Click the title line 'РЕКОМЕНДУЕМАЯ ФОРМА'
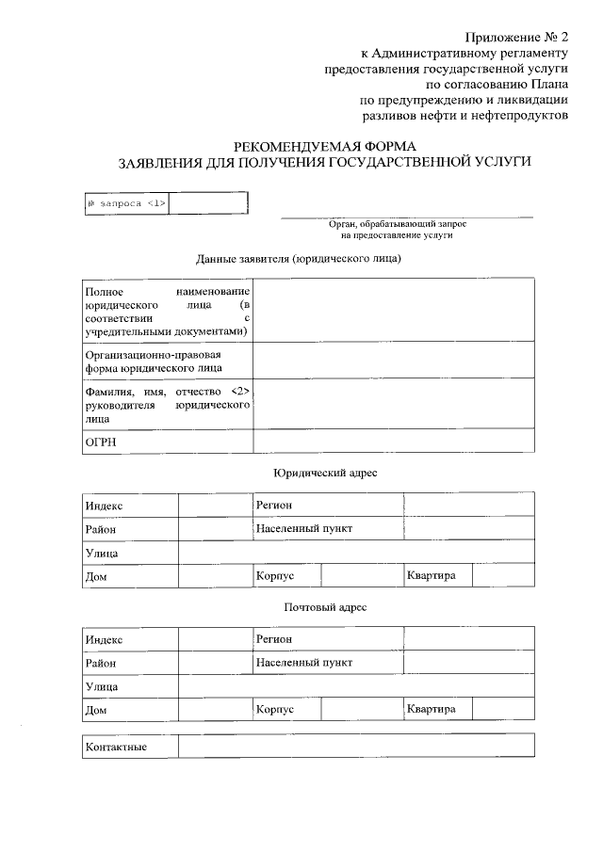pyautogui.click(x=325, y=145)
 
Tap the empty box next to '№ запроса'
pyautogui.click(x=208, y=203)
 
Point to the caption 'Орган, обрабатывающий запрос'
pyautogui.click(x=397, y=224)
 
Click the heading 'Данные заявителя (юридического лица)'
pyautogui.click(x=299, y=259)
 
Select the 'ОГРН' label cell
pyautogui.click(x=101, y=442)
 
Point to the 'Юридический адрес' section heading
pyautogui.click(x=325, y=473)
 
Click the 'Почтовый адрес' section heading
pyautogui.click(x=325, y=607)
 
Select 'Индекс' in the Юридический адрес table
pyautogui.click(x=105, y=506)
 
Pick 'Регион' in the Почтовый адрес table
pyautogui.click(x=273, y=639)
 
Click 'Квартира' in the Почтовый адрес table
pyautogui.click(x=432, y=709)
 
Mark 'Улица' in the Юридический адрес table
pyautogui.click(x=102, y=554)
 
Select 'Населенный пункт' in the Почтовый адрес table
pyautogui.click(x=303, y=663)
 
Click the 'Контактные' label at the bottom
pyautogui.click(x=117, y=748)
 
